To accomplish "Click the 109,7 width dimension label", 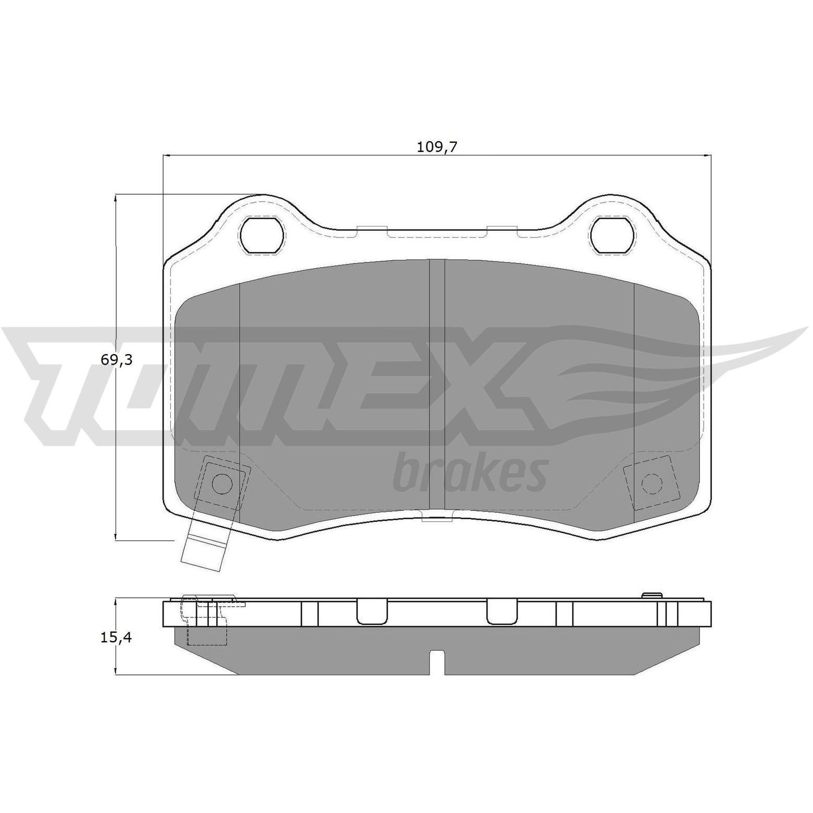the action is [436, 147].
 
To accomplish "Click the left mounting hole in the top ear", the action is [262, 235].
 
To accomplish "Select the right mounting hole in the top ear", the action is [612, 235].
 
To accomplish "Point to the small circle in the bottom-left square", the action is [222, 484].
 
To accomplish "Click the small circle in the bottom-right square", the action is [652, 484].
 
